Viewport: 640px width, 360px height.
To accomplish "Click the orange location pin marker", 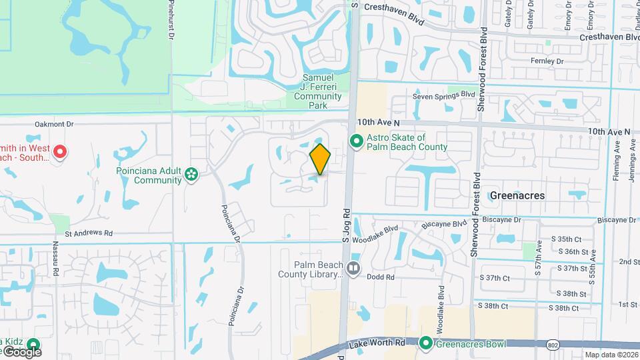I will (321, 159).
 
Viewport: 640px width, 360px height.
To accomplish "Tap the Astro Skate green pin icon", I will (356, 141).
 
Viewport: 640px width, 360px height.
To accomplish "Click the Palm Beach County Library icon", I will (353, 269).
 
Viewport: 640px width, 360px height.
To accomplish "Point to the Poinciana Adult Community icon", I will (192, 175).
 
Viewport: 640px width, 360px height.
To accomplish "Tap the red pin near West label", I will (59, 153).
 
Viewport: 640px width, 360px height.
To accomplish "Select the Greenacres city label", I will (517, 195).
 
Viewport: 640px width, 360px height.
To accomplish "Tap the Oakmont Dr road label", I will (53, 124).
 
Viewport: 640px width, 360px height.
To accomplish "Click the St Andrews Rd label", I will (89, 233).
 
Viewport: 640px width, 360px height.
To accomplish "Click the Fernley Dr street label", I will (547, 61).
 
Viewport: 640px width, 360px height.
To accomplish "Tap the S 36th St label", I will (579, 252).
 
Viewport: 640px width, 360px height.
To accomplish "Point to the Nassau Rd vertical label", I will (56, 263).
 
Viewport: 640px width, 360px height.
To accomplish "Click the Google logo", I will (22, 351).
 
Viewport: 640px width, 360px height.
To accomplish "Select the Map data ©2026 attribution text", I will (610, 355).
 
